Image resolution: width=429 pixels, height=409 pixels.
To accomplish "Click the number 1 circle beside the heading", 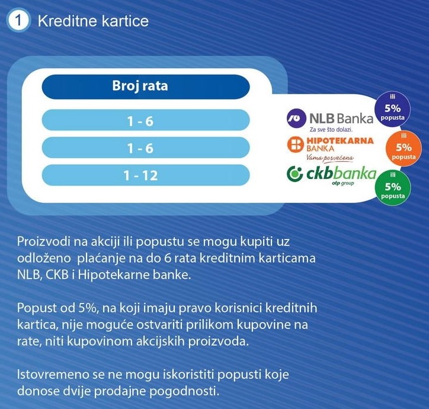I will pos(20,21).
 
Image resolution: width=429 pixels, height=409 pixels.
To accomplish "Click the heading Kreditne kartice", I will pos(93,21).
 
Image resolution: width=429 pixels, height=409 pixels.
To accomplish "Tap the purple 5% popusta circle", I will pos(392,109).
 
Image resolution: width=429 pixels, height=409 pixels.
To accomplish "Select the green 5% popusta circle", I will pos(393,186).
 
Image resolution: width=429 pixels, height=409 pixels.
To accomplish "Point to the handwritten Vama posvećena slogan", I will pos(330,158).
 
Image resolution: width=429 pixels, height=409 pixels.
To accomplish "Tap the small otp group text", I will pos(342,184).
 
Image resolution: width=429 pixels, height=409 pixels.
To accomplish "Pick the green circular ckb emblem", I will pos(294,174).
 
